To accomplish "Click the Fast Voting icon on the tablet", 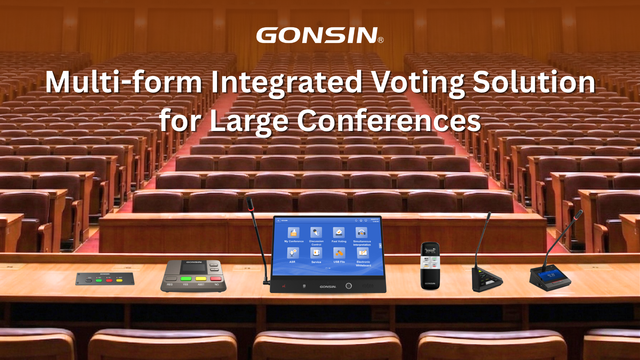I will (x=339, y=232).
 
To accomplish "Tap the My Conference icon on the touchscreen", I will (x=293, y=232).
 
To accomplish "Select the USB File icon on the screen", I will (x=339, y=253).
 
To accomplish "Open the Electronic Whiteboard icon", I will (x=363, y=253).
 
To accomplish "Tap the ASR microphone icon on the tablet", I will (x=293, y=253).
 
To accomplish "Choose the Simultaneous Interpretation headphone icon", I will (x=361, y=232).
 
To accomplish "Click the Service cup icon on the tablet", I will (x=316, y=253).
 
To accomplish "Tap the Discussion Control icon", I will (x=316, y=232).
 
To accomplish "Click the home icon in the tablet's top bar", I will (x=361, y=220).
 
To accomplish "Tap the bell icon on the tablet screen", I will (x=356, y=220).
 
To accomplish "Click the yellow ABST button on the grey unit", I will (x=201, y=279).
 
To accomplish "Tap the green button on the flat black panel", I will (x=99, y=280).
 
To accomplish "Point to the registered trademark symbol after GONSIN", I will (x=381, y=40).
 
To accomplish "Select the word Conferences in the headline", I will (x=389, y=121).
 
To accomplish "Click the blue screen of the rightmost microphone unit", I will (x=551, y=275).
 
